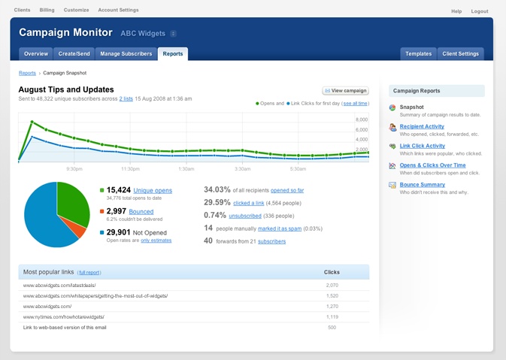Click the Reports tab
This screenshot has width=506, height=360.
[x=173, y=54]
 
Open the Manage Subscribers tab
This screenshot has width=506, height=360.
[x=126, y=54]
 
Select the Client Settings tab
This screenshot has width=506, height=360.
[x=460, y=54]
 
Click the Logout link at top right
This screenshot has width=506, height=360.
[x=480, y=11]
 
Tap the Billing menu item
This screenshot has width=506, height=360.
[x=47, y=11]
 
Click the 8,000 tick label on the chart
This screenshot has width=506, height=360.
[x=361, y=120]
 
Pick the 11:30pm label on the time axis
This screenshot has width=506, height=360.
[x=130, y=168]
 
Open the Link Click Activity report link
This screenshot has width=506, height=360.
[x=423, y=146]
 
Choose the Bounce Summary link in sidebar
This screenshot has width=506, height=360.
[x=423, y=184]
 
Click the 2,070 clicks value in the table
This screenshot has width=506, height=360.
[x=332, y=286]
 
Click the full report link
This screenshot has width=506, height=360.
[x=89, y=272]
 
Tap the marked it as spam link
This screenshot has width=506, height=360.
[x=280, y=228]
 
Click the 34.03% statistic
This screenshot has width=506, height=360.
[x=217, y=190]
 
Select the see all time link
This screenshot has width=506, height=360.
[x=356, y=103]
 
